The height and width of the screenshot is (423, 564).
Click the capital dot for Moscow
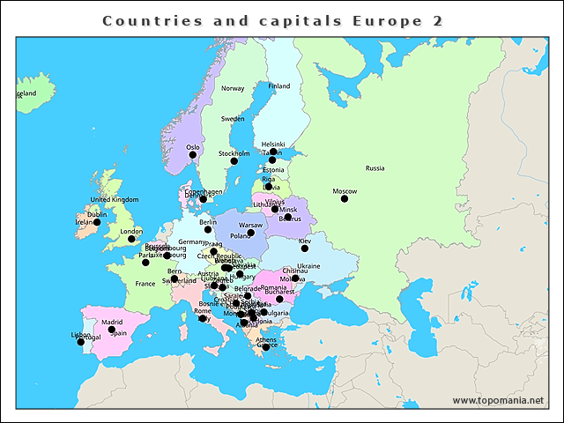(345, 198)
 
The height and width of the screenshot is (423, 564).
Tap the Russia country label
(375, 167)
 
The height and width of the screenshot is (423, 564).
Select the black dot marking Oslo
(193, 154)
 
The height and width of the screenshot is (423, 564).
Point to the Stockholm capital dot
(234, 160)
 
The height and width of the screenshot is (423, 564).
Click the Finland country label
(278, 86)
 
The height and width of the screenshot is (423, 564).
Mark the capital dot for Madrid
(111, 330)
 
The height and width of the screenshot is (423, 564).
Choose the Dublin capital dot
(96, 222)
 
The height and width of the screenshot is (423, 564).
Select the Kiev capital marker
(305, 249)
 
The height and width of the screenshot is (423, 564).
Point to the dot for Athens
(266, 347)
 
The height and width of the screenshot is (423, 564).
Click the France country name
(145, 284)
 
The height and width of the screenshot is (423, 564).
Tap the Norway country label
(233, 88)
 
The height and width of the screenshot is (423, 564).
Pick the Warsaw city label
(250, 226)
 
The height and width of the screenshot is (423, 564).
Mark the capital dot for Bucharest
(279, 299)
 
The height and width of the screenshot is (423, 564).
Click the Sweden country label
(233, 118)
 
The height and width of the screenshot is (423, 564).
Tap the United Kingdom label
(115, 200)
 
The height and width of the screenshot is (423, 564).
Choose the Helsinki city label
(273, 145)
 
